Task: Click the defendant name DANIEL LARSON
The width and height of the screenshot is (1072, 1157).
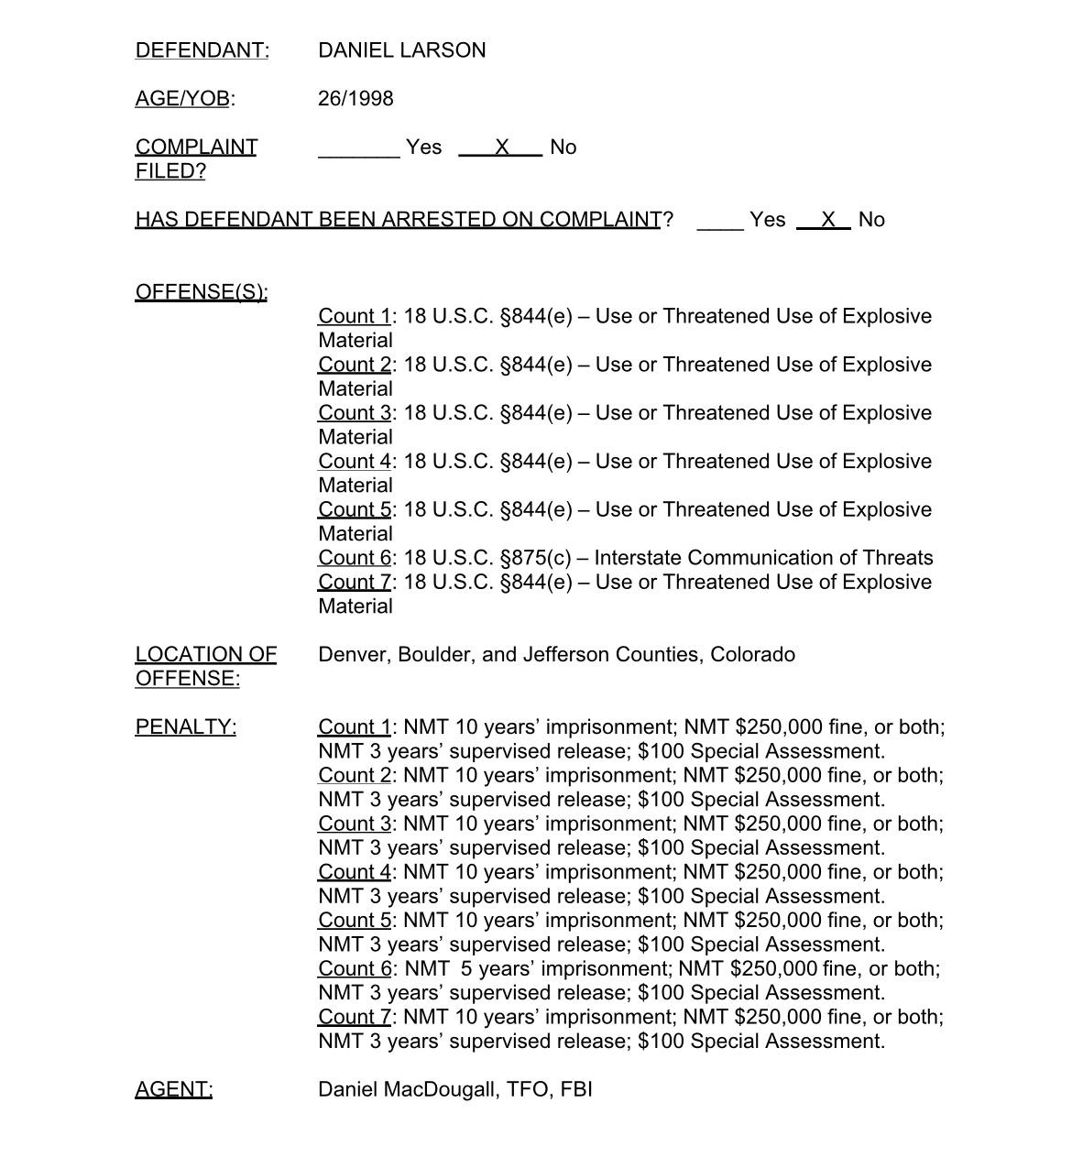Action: pos(401,50)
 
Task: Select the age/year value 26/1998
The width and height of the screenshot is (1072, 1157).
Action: pos(356,99)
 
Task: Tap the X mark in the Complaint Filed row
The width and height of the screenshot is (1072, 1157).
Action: pos(501,147)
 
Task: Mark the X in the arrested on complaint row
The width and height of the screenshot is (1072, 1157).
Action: pos(828,220)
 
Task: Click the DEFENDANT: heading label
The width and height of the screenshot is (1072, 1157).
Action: pos(202,50)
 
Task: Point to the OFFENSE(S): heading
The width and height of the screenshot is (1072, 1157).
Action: pos(201,292)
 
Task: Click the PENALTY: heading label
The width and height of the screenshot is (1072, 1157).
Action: pos(185,727)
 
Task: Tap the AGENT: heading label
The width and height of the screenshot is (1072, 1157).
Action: pos(173,1089)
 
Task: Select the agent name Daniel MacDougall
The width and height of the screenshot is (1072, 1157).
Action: pos(407,1089)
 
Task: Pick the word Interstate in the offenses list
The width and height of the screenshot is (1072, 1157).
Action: pos(637,558)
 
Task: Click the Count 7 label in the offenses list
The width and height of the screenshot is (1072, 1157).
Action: pos(355,583)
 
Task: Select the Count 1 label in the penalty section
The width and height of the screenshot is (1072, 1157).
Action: pos(355,727)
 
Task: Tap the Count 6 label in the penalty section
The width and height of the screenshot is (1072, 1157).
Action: pos(355,969)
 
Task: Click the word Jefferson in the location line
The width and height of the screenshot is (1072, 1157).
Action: pos(566,655)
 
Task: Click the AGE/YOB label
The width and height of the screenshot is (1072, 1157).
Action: pos(182,99)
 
